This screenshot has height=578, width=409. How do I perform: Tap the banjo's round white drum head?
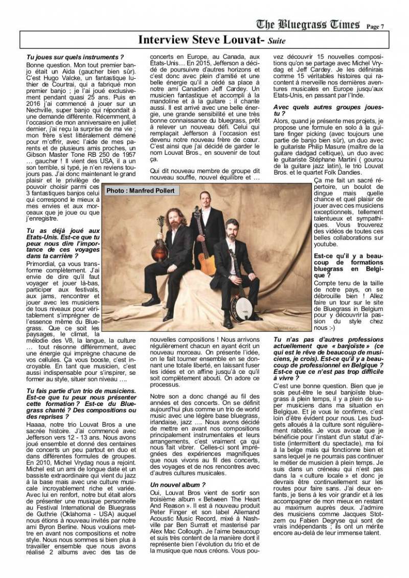(240, 307)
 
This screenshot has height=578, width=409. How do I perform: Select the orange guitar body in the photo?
(207, 262)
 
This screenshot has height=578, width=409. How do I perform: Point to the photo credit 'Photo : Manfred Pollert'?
(140, 190)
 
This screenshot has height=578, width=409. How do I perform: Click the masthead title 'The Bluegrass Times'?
(308, 25)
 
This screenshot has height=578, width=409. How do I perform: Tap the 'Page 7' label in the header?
(375, 27)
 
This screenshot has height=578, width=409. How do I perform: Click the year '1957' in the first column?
(127, 154)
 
